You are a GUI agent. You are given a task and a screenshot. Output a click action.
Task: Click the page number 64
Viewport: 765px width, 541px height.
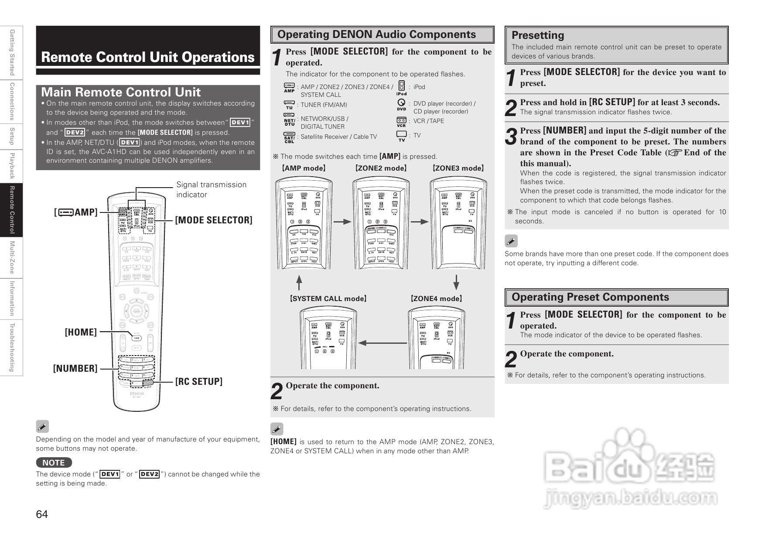pos(42,514)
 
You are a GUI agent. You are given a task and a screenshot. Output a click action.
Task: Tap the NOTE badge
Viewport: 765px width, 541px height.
pos(54,462)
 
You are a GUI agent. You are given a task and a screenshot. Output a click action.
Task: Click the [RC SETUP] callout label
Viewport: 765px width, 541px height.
pos(198,382)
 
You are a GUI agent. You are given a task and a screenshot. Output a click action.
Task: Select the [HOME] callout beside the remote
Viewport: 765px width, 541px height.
pos(81,332)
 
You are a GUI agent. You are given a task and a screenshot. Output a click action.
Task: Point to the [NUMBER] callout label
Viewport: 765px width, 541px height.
pos(75,369)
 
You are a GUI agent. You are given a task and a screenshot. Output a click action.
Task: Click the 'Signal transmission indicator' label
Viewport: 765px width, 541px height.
pos(211,189)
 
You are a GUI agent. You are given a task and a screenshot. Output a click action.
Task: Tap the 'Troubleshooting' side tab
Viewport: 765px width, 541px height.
pos(12,348)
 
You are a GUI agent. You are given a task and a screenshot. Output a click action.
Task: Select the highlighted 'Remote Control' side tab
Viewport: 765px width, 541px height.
pos(12,209)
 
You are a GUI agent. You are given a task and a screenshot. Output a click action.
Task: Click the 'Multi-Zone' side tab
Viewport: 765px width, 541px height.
pos(12,257)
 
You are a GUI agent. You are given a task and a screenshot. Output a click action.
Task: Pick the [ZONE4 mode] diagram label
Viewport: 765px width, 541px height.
pos(436,299)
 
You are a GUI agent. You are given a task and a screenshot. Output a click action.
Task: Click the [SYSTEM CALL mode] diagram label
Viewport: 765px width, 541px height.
pos(328,299)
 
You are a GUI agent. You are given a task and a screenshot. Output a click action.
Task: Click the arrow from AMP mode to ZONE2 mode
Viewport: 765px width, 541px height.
pos(342,222)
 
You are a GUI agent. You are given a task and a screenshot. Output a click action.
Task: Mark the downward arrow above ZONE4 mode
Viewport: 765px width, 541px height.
pos(456,282)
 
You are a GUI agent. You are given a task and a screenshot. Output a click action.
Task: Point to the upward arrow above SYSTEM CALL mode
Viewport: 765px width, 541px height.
pos(299,282)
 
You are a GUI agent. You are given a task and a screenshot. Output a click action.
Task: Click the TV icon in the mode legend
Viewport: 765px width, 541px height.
pos(401,135)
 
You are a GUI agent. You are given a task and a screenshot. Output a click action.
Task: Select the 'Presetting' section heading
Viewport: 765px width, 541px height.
pos(537,35)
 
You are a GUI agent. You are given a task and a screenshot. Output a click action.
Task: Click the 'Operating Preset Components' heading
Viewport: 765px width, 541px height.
pos(590,297)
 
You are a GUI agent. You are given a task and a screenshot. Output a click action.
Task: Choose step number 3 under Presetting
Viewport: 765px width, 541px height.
pos(511,136)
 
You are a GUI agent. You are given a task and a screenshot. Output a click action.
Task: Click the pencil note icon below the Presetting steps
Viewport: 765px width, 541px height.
pos(511,241)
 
